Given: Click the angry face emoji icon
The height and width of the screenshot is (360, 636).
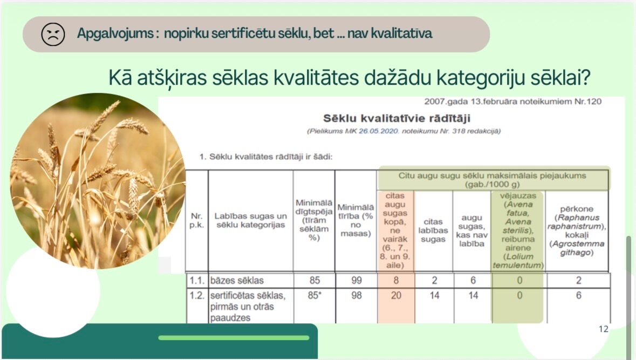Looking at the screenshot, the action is (53, 34).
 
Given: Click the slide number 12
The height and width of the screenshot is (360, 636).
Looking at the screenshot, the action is (604, 329).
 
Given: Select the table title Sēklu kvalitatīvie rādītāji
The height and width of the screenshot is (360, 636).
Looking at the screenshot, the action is (396, 119).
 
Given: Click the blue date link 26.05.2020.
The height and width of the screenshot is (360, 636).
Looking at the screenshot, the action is (379, 131).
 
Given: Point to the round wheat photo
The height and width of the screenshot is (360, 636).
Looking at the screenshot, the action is (97, 181).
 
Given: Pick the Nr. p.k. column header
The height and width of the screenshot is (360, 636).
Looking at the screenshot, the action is (197, 220).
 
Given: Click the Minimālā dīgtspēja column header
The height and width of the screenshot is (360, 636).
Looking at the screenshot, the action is (314, 220).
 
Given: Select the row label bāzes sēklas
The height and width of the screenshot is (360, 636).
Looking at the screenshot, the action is (237, 281).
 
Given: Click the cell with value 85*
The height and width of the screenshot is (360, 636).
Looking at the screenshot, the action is (314, 295).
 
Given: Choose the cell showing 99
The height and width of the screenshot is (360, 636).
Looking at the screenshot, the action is (357, 281).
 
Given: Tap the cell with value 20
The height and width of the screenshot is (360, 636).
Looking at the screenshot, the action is (396, 295).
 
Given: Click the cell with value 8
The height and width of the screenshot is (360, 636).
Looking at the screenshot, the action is (396, 281).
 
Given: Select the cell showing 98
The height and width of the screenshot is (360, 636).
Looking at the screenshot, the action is (357, 295).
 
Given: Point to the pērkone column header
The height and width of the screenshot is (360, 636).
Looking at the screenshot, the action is (577, 230).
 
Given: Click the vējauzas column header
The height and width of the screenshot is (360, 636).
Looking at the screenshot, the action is (518, 230).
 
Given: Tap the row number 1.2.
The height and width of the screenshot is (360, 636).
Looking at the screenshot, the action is (197, 295).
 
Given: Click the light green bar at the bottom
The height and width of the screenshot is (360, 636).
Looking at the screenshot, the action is (234, 338).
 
